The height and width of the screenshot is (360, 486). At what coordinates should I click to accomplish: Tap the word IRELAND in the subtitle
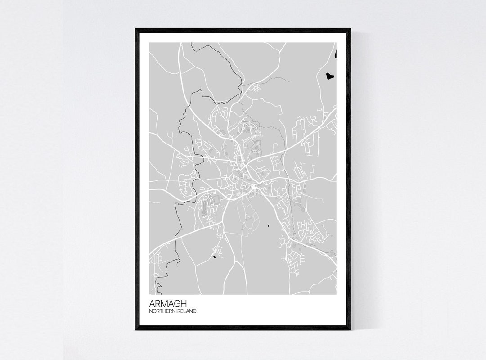coord(186,311)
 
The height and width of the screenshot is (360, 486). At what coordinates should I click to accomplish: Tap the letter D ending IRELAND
coord(195,311)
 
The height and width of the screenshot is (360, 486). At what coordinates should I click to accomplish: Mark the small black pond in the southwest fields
coord(214,257)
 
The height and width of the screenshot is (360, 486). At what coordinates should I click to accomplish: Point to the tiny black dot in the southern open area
coord(269,226)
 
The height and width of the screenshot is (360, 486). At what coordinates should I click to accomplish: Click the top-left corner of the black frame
coord(136,29)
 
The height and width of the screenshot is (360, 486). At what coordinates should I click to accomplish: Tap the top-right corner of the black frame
coord(350,29)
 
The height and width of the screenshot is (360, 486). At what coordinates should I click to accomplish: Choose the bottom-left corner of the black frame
coord(136,329)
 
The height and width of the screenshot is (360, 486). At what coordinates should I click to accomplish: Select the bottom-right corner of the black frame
coord(350,329)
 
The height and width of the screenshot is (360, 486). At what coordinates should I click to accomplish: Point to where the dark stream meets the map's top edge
coord(191,43)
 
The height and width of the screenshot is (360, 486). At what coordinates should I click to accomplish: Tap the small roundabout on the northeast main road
coord(319,128)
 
